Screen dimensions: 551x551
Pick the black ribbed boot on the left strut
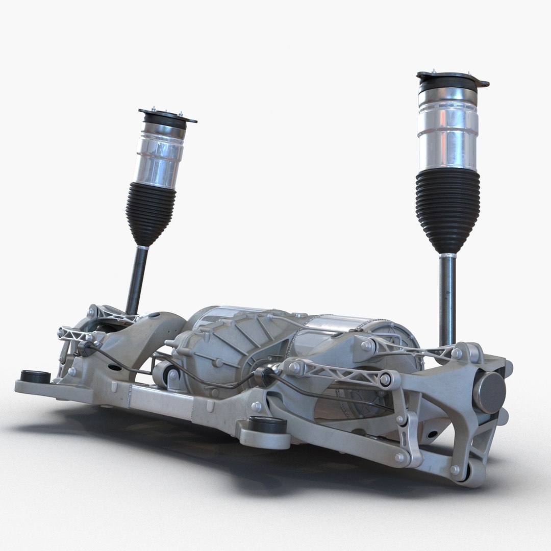coord(151,212)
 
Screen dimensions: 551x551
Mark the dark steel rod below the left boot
coord(137,281)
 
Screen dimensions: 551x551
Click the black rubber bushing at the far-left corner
coord(35,377)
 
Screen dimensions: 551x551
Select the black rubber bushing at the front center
coord(267,424)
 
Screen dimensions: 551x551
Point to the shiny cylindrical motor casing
coord(337,327)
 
